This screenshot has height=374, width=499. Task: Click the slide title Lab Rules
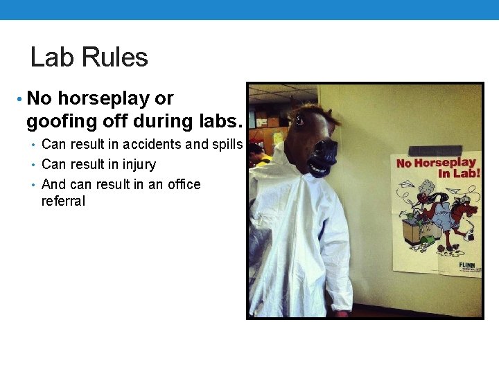pyautogui.click(x=89, y=57)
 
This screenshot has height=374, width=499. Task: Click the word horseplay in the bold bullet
pyautogui.click(x=116, y=98)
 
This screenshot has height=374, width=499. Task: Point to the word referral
pyautogui.click(x=63, y=202)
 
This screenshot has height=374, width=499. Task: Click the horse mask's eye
pyautogui.click(x=299, y=120)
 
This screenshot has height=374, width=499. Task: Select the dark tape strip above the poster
pyautogui.click(x=435, y=150)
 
